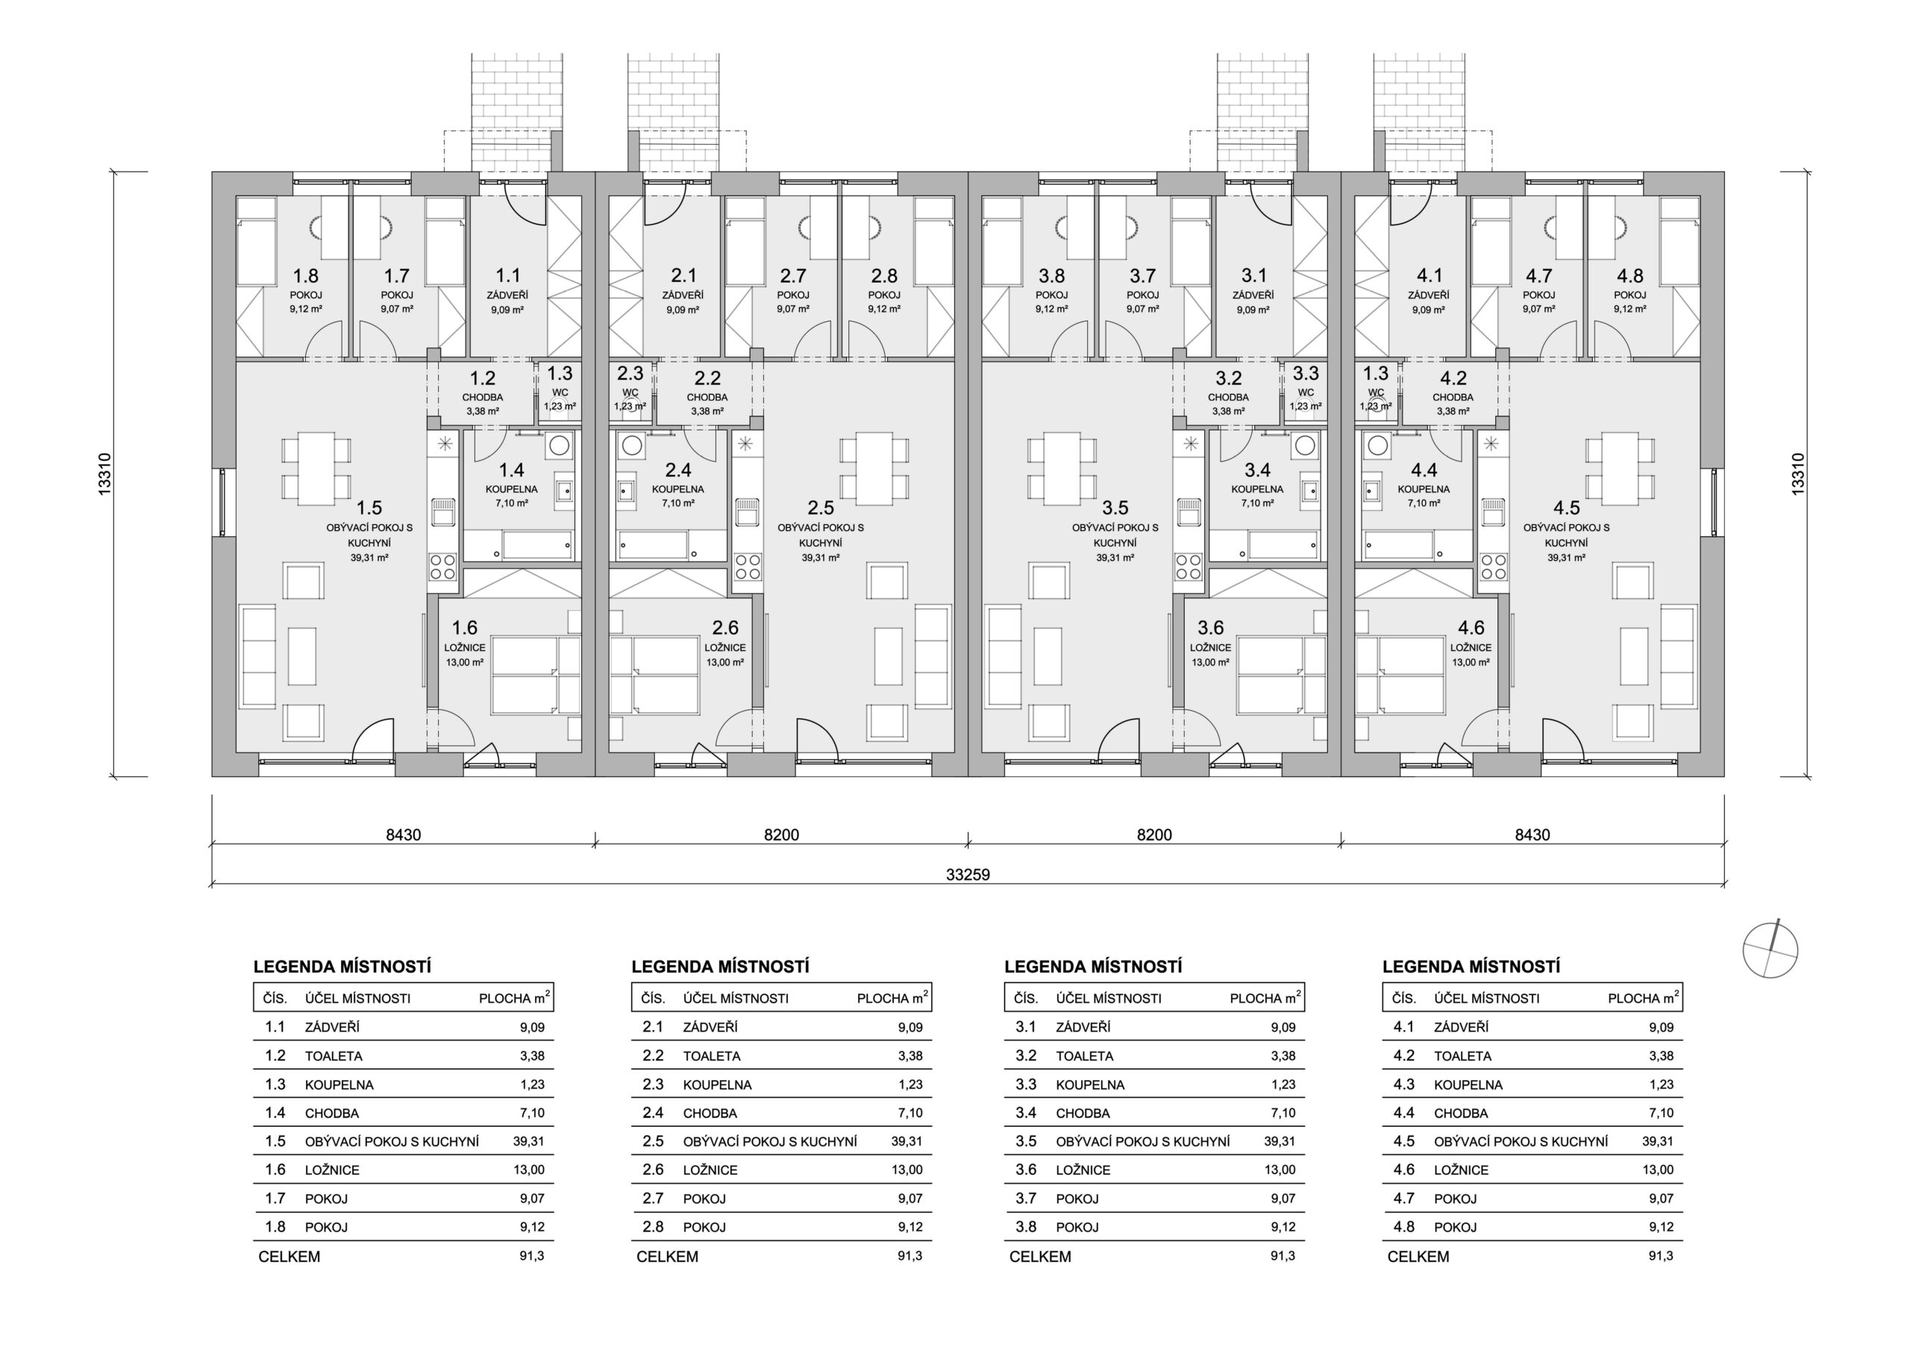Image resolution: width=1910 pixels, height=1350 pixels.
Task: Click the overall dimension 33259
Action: pyautogui.click(x=968, y=874)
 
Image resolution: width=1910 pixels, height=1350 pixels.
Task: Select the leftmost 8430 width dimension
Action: pyautogui.click(x=404, y=835)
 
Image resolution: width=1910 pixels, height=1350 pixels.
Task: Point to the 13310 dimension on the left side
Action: pyautogui.click(x=104, y=474)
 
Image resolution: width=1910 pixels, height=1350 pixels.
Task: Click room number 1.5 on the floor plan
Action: pyautogui.click(x=369, y=507)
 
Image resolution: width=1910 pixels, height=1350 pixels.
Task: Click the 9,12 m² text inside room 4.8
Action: pyautogui.click(x=1629, y=309)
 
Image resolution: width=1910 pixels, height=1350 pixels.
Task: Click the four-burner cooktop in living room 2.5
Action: pyautogui.click(x=748, y=566)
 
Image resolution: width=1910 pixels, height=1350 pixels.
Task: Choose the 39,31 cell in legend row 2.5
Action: pyautogui.click(x=907, y=1141)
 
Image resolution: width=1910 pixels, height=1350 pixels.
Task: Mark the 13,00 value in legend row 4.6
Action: pyautogui.click(x=1658, y=1170)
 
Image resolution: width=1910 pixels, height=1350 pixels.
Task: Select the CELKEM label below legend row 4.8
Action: pyautogui.click(x=1418, y=1256)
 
